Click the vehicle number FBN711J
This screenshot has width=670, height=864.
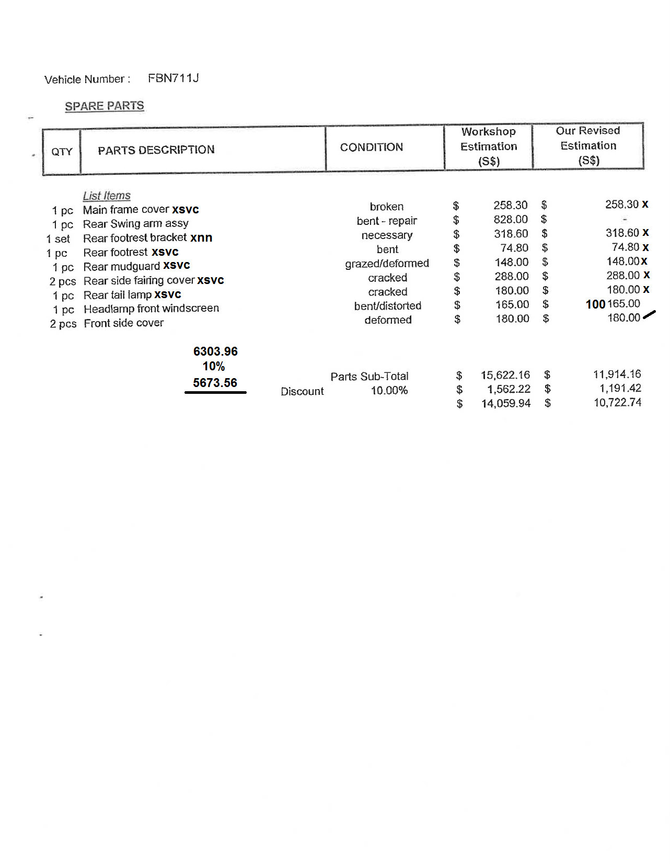pos(173,78)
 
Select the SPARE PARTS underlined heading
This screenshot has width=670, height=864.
pos(104,106)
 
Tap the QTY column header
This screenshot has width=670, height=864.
pos(62,152)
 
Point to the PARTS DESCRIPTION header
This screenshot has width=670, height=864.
pos(156,150)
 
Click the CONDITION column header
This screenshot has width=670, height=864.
pos(371,147)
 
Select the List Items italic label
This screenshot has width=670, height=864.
pos(107,196)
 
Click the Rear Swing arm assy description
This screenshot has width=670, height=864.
pos(135,224)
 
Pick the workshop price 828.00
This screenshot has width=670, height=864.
pos(511,220)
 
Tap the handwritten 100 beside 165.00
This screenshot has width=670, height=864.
pos(595,304)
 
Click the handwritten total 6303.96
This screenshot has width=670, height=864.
pos(215,351)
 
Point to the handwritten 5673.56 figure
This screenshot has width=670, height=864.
pos(215,383)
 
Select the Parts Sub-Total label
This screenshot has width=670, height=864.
pos(369,377)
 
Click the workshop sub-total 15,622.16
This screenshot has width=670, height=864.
pos(505,375)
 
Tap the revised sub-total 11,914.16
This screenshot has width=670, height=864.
pos(617,374)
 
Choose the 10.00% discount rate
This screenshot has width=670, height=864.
pos(389,391)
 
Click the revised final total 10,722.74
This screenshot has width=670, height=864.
pos(617,403)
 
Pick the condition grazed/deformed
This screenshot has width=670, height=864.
pos(387,264)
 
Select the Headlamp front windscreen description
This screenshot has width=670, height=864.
pos(151,309)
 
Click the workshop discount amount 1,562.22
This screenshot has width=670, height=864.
pos(509,389)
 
